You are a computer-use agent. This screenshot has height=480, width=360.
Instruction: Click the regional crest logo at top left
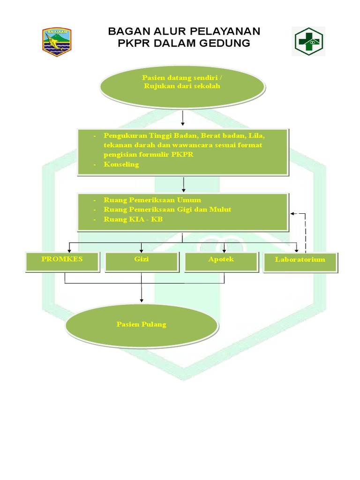tap(56, 42)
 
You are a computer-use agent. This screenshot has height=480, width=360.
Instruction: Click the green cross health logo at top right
tap(308, 41)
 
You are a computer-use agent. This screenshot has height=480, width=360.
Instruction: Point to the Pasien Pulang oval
tap(141, 324)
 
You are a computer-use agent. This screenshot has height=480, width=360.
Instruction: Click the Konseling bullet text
tap(121, 165)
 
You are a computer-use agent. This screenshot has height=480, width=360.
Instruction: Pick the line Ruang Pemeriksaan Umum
tap(152, 200)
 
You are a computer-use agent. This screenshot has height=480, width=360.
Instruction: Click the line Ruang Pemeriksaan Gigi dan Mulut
tap(167, 210)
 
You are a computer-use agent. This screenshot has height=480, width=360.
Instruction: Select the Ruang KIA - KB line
tap(133, 219)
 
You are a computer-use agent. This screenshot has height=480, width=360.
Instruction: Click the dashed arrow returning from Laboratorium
tap(305, 232)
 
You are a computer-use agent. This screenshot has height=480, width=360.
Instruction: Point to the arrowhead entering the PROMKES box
tap(69, 249)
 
